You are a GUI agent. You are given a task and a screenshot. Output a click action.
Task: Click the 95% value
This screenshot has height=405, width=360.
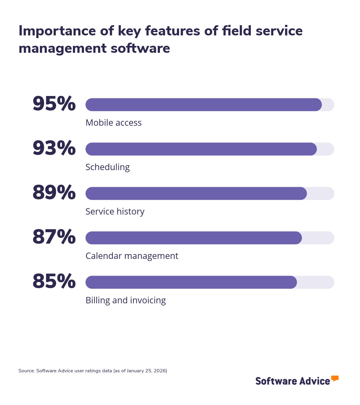click(x=54, y=104)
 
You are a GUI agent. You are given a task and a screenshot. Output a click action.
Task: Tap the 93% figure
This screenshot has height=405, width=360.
click(x=54, y=148)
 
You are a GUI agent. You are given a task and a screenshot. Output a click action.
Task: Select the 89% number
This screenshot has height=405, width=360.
click(x=54, y=193)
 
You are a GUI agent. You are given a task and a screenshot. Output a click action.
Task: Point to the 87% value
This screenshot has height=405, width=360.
click(x=54, y=237)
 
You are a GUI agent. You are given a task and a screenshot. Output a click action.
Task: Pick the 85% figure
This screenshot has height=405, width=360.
click(x=54, y=281)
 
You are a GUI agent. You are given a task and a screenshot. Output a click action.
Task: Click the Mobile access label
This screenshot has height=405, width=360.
click(x=113, y=123)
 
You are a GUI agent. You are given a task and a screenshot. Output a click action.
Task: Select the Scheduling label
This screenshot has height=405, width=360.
click(x=107, y=167)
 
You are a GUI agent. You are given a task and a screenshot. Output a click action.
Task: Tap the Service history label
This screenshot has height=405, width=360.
click(x=115, y=211)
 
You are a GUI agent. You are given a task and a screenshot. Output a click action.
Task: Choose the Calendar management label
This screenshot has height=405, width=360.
click(x=132, y=256)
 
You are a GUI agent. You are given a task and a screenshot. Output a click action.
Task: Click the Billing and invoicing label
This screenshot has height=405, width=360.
click(x=125, y=300)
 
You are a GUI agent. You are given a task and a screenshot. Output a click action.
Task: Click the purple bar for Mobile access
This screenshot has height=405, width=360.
click(x=203, y=105)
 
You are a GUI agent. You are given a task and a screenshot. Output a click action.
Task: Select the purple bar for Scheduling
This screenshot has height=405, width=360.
click(x=201, y=149)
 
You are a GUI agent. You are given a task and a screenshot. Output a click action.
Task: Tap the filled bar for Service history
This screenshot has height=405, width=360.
click(x=196, y=193)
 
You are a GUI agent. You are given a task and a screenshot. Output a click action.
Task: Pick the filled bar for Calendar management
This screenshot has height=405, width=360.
click(x=193, y=238)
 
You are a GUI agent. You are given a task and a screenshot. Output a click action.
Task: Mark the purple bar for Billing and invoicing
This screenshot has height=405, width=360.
click(x=191, y=282)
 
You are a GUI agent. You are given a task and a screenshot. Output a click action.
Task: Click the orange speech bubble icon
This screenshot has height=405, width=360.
click(x=335, y=378)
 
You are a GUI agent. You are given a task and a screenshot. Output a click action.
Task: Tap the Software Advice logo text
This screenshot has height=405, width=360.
click(x=292, y=381)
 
